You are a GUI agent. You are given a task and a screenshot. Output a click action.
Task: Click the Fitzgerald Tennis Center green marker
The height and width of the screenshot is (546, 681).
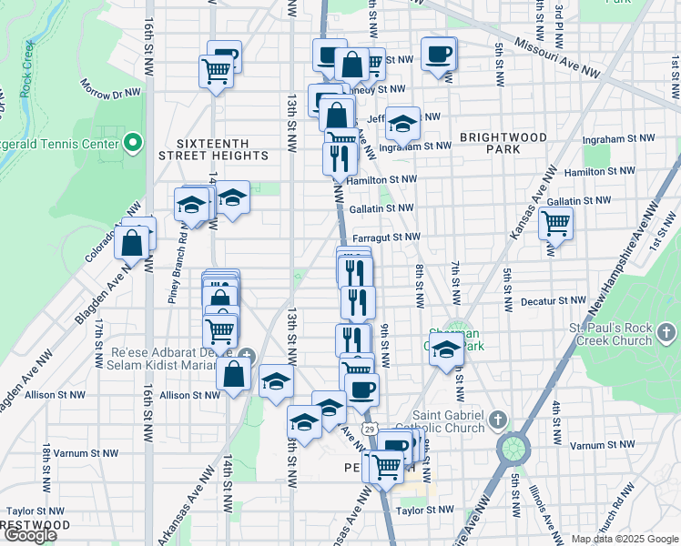(133, 144)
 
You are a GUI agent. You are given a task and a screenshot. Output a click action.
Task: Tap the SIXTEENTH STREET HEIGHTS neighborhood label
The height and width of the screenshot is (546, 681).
(210, 149)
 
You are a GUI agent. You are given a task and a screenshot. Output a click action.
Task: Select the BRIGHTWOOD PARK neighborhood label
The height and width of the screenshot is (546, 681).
(503, 143)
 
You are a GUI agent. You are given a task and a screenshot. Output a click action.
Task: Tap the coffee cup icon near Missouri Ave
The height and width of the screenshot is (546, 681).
(439, 54)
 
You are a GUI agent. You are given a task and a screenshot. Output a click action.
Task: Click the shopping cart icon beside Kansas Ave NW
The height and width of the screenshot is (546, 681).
(554, 221)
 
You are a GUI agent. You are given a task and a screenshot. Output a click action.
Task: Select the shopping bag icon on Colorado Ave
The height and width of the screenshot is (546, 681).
(132, 244)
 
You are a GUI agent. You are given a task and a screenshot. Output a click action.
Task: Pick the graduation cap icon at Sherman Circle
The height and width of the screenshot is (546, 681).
(444, 349)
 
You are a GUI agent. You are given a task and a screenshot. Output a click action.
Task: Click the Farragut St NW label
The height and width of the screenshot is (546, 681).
(386, 237)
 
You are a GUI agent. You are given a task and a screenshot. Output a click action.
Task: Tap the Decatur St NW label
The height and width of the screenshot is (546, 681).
(554, 300)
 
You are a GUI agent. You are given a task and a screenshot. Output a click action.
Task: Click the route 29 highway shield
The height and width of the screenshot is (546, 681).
(368, 428)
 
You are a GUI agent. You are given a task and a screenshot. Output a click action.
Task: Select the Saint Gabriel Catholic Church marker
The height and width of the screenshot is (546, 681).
(497, 420)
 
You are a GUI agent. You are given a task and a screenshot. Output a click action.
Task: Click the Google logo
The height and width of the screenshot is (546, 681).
(30, 535)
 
